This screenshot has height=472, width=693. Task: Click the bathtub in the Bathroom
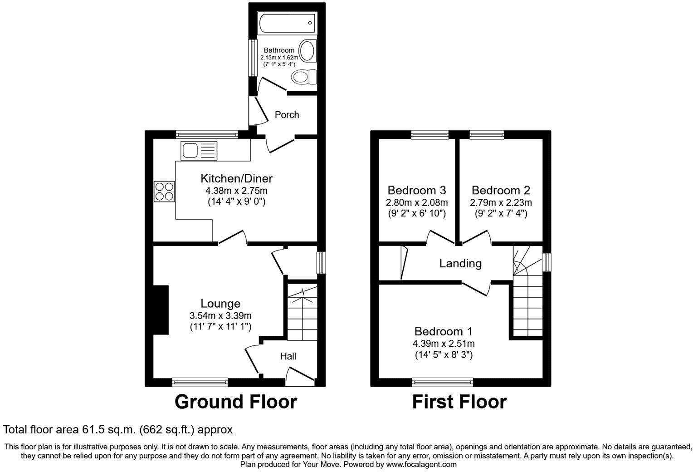coord(286,23)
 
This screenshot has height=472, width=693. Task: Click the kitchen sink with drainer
coord(199,151)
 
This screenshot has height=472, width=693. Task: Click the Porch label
coord(287,115)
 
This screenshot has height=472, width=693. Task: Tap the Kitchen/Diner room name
coord(236,178)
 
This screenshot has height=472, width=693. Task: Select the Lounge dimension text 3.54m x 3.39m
coord(220,315)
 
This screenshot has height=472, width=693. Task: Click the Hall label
coord(288,356)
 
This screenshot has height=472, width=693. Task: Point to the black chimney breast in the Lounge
coord(161,310)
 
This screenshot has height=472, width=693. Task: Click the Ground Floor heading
coord(235,402)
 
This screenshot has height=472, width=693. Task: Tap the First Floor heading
coord(459,402)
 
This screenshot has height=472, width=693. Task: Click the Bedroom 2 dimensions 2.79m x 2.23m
coord(501,202)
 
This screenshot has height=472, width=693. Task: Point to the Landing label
coord(460,263)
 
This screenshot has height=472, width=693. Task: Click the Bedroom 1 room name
coord(444,331)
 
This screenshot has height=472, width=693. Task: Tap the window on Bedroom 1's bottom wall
coord(443,383)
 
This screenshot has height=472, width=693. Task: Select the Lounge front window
coord(200,383)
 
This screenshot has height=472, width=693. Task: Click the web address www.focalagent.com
coord(421,465)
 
